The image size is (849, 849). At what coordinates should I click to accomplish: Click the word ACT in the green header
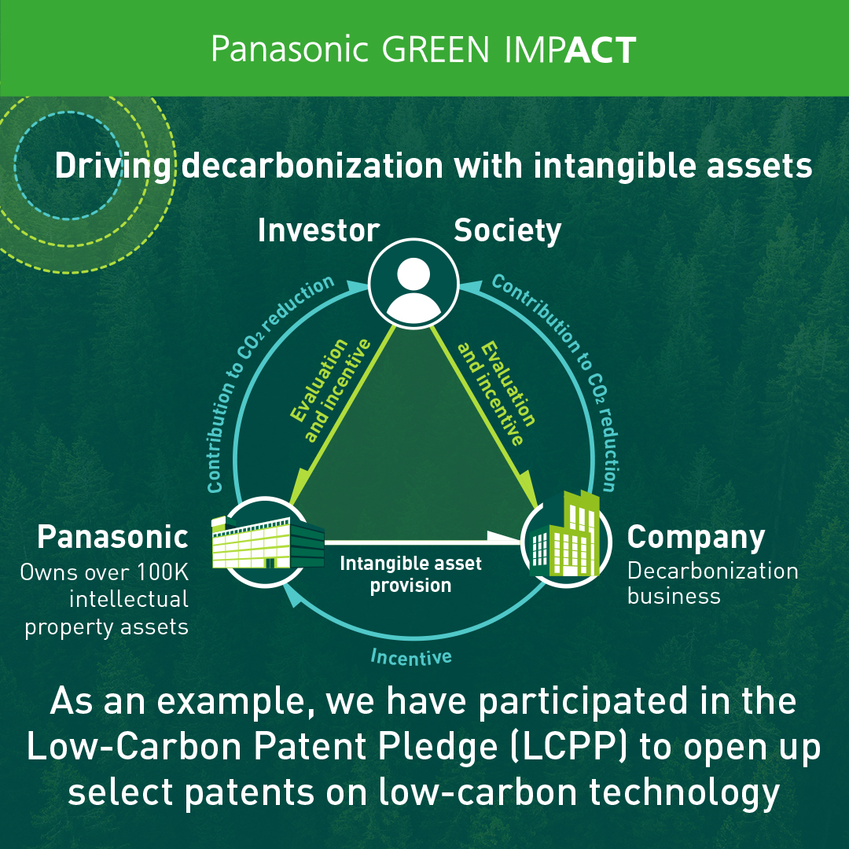point(600,50)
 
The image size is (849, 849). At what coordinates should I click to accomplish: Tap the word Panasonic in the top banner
point(289,50)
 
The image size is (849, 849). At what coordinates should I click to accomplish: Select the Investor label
point(318,230)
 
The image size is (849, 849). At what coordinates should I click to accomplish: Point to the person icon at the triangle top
point(413,284)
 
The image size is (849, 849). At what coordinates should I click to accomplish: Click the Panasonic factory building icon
point(268,542)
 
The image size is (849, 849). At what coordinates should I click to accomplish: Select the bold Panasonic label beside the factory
point(112,537)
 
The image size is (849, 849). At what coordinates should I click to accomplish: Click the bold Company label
point(696,538)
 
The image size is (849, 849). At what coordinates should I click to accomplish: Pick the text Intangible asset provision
point(410,575)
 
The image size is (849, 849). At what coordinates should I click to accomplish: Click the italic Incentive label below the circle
point(411,656)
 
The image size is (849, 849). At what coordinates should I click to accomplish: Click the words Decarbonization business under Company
point(712,583)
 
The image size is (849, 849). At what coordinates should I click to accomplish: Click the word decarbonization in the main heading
point(312,166)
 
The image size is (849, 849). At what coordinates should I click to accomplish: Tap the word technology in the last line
point(685,792)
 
